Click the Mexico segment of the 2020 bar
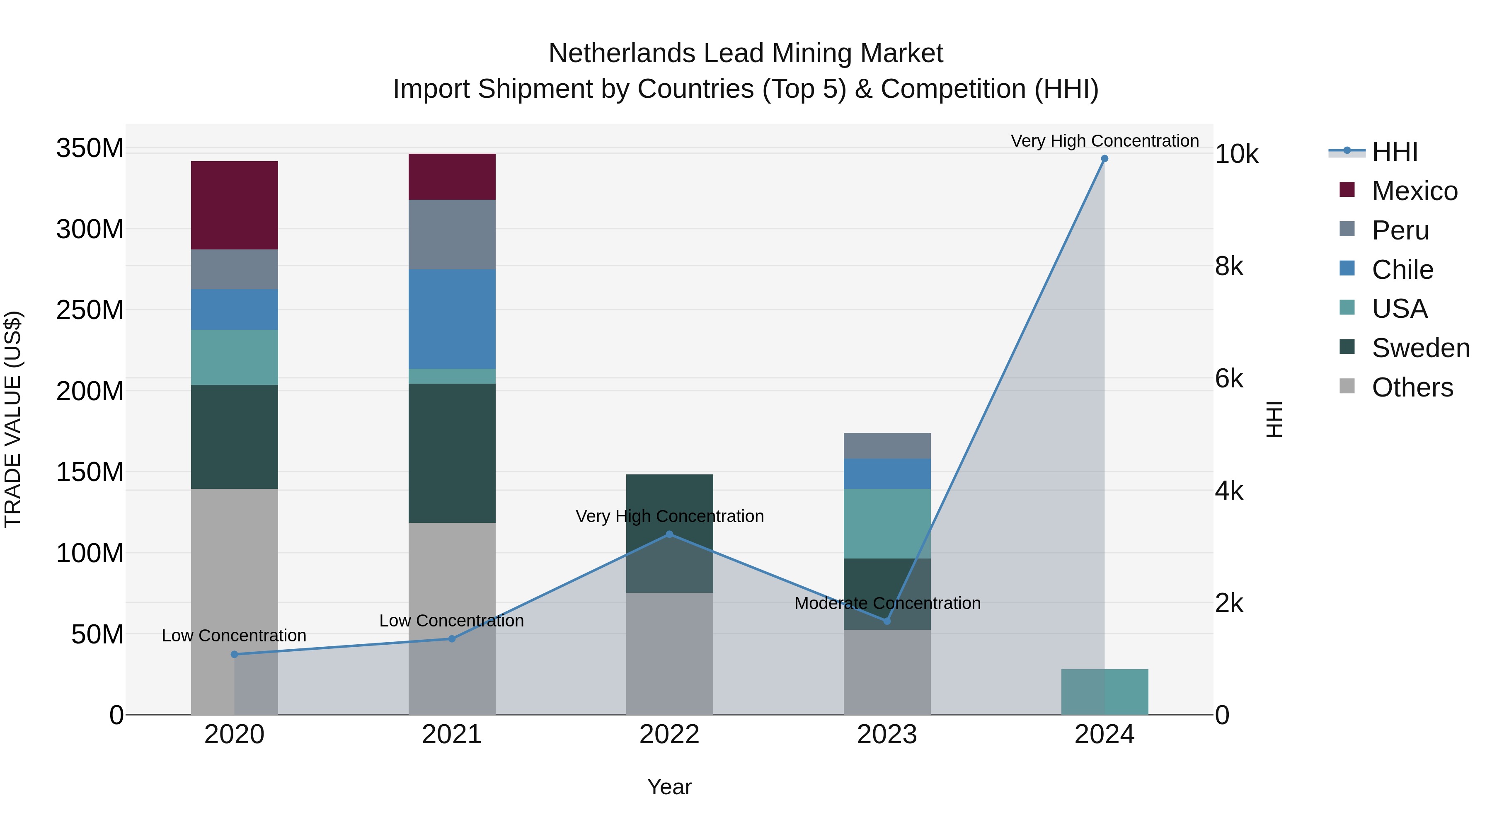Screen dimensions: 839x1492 coord(234,205)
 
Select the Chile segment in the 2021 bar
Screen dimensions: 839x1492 coord(452,319)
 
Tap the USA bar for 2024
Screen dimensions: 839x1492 coord(1104,692)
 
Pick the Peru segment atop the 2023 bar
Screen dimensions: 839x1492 coord(887,445)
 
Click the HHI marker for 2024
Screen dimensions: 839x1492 coord(1104,159)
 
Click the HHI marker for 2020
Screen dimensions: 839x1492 coord(234,654)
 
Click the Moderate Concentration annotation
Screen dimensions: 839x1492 coord(887,603)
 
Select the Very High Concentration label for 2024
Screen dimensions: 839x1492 coord(1104,141)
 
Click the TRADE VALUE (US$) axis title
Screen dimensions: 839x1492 coord(13,419)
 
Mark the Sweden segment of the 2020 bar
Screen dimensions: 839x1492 coord(234,437)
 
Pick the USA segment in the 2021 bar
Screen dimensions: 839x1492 coord(452,376)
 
